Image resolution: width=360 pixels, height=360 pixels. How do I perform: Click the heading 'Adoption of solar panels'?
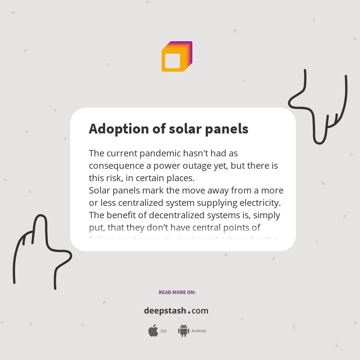[x=168, y=129]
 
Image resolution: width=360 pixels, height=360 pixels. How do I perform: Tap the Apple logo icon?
[x=153, y=331]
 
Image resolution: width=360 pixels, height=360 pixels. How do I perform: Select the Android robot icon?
[x=183, y=330]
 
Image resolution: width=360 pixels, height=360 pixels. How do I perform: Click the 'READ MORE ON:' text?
[x=177, y=292]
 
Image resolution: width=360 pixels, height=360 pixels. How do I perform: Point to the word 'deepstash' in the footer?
[x=165, y=311]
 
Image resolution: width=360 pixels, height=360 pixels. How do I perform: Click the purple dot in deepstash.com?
[x=189, y=312]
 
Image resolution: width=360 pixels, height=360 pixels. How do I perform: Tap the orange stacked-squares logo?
[x=177, y=56]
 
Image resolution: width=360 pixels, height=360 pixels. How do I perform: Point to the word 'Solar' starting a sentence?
[x=99, y=190]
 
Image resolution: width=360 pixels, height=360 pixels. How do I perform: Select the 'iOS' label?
[x=163, y=331]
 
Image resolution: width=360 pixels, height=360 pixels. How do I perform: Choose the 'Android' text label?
[x=198, y=331]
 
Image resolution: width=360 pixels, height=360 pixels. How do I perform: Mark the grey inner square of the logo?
[x=172, y=61]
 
